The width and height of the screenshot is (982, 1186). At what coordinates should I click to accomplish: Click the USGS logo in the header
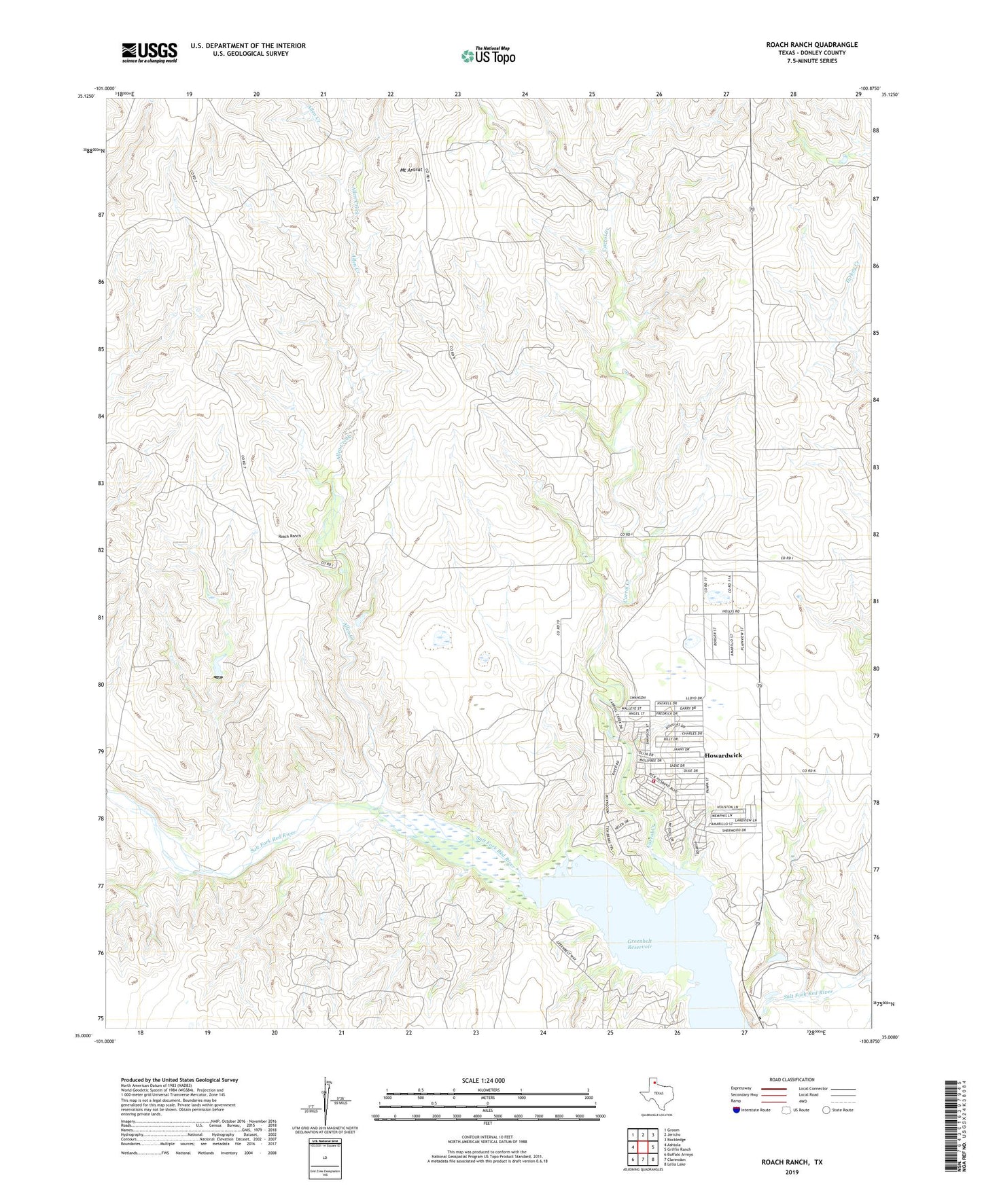coord(150,52)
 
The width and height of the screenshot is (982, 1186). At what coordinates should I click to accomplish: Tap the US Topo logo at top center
coord(488,56)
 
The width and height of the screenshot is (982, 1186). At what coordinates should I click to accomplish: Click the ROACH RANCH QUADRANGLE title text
coord(811,45)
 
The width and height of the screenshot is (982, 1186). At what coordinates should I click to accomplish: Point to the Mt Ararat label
coord(410,170)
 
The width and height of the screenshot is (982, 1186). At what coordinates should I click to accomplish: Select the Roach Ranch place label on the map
coord(290,537)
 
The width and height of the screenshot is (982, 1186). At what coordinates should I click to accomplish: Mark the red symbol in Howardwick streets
coord(654,781)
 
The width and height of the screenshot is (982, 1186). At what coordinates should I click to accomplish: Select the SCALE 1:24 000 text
coord(483,1081)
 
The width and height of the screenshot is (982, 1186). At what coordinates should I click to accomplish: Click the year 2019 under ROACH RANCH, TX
coord(792,1172)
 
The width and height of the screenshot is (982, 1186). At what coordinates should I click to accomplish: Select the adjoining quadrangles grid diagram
coord(642,1147)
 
